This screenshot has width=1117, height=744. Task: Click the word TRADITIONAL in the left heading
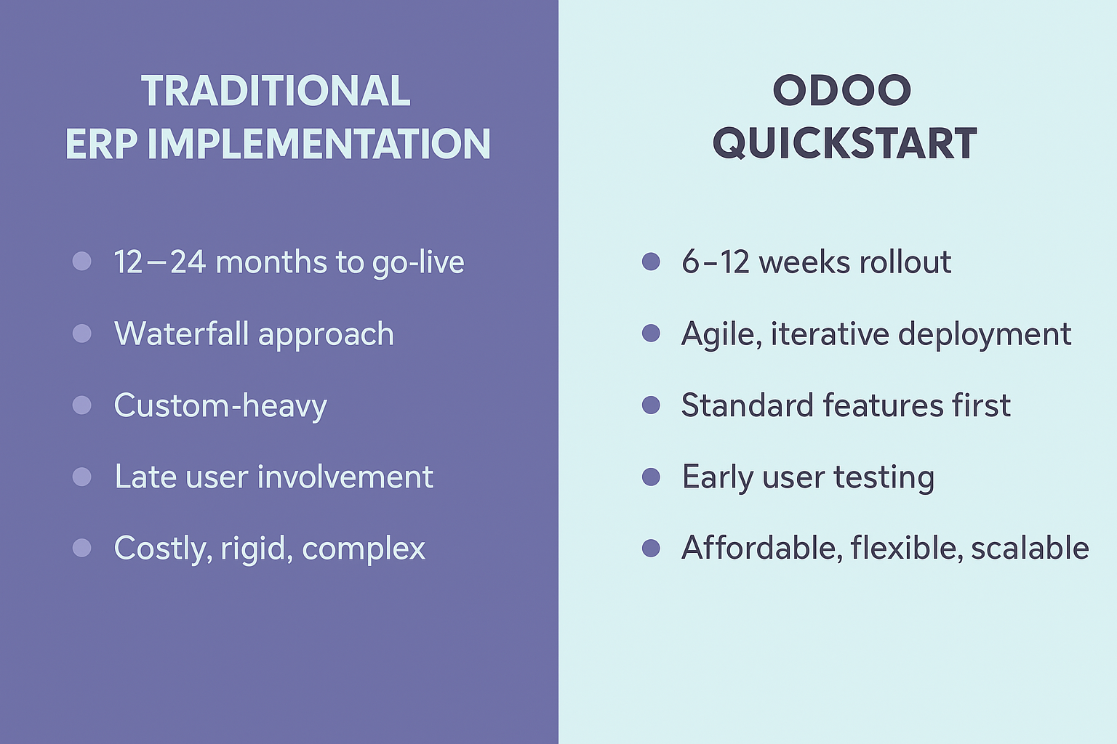coord(276,91)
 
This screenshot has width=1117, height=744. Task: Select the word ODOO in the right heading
coord(842,91)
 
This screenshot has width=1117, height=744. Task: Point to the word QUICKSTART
coord(844,144)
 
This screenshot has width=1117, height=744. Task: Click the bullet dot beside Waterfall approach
coord(81,333)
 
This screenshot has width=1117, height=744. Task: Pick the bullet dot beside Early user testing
coord(651,477)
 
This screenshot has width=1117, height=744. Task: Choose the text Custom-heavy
coord(220,406)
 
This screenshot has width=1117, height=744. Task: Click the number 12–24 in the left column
coord(159,262)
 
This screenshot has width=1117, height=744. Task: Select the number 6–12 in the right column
coord(716,262)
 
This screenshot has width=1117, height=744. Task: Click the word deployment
coord(985,335)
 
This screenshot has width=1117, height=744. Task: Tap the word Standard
coord(748,405)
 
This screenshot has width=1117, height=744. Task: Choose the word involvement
coord(345,477)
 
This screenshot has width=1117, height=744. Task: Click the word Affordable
coord(762,549)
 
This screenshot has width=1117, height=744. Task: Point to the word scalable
coord(1030,548)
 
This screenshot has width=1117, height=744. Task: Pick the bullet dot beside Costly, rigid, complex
coord(81,548)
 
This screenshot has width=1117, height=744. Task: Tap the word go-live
coord(418,263)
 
